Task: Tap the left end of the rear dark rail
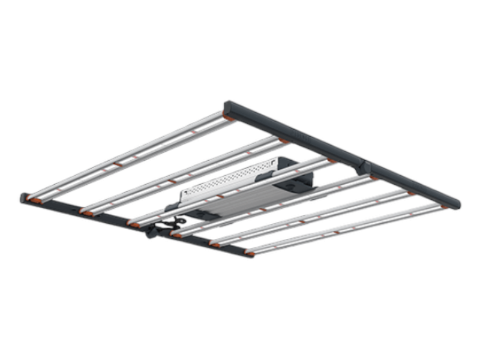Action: click(229, 109)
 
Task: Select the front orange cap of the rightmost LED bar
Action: click(249, 254)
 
